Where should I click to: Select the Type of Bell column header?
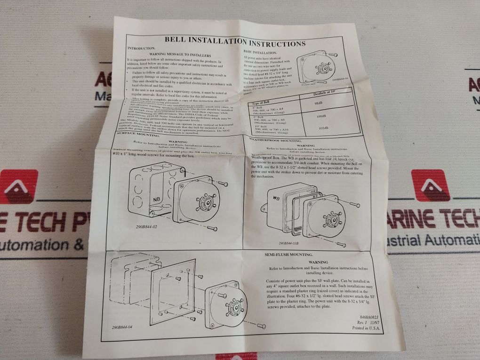pyautogui.click(x=260, y=102)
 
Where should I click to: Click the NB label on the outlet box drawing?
pyautogui.click(x=156, y=200)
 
